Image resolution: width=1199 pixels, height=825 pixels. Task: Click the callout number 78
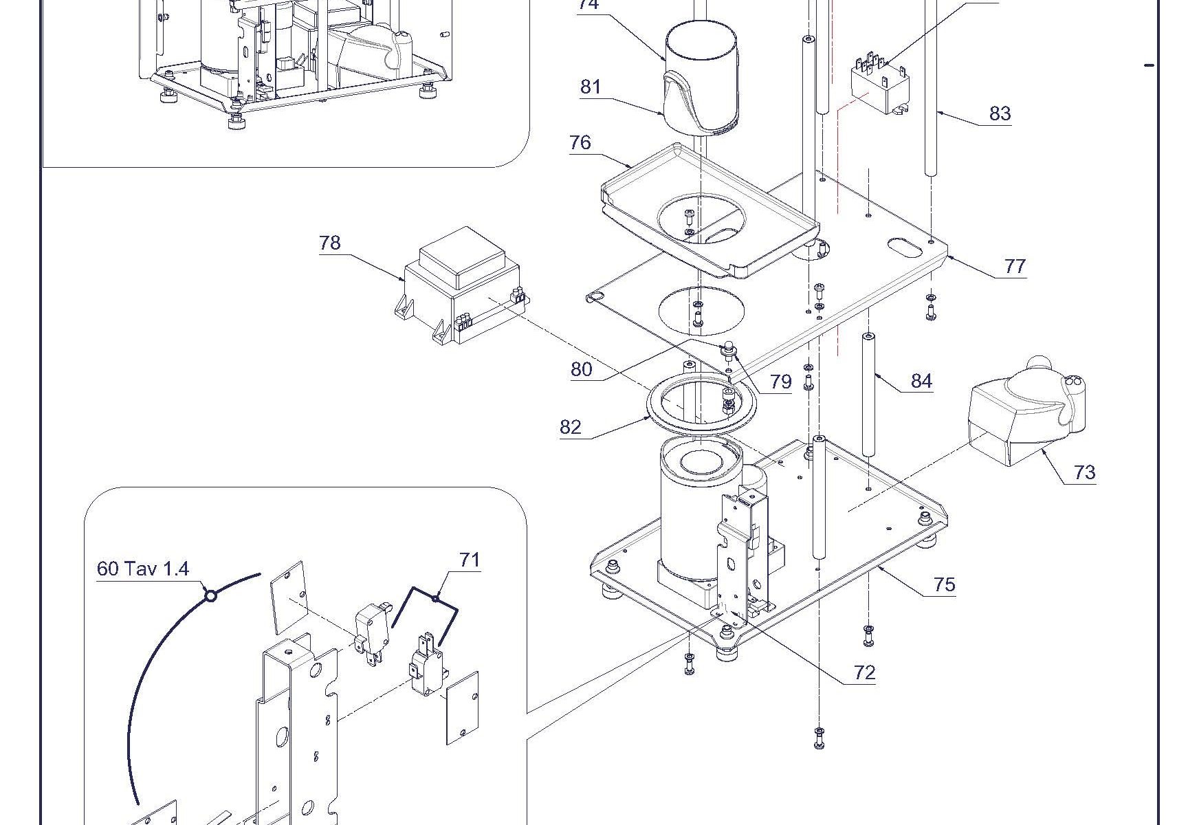[x=330, y=243]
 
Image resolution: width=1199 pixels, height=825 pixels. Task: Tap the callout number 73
[x=1084, y=472]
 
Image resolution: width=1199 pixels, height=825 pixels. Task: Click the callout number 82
[x=571, y=428]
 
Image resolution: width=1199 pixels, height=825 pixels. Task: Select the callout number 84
[x=921, y=382]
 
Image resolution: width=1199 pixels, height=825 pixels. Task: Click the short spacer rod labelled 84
[x=868, y=394]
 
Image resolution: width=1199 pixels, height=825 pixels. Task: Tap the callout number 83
[x=1000, y=113]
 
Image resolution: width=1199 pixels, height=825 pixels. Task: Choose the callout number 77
[x=1015, y=266]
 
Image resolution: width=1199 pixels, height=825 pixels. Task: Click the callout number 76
[x=580, y=142]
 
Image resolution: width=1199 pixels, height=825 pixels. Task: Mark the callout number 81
[x=591, y=87]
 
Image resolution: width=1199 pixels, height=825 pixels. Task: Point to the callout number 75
[x=945, y=584]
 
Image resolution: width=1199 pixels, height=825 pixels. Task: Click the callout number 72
[x=864, y=673]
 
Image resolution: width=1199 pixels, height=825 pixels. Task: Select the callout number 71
[x=470, y=560]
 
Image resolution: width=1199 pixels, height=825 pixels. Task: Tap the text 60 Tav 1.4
[x=142, y=569]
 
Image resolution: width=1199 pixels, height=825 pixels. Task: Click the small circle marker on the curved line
[x=211, y=596]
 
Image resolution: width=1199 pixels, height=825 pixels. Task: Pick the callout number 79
[x=781, y=382]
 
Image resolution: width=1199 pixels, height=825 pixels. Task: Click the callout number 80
[x=581, y=370]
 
